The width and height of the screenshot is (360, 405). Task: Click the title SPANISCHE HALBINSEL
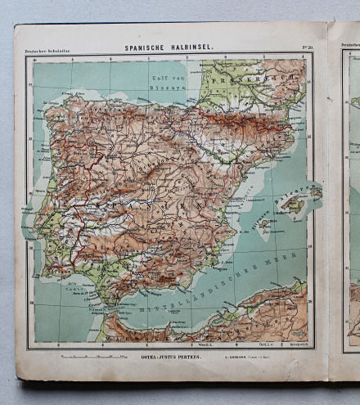coord(169,48)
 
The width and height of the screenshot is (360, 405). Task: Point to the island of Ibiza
coord(264,223)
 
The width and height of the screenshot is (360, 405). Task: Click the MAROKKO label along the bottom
coord(147,335)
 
